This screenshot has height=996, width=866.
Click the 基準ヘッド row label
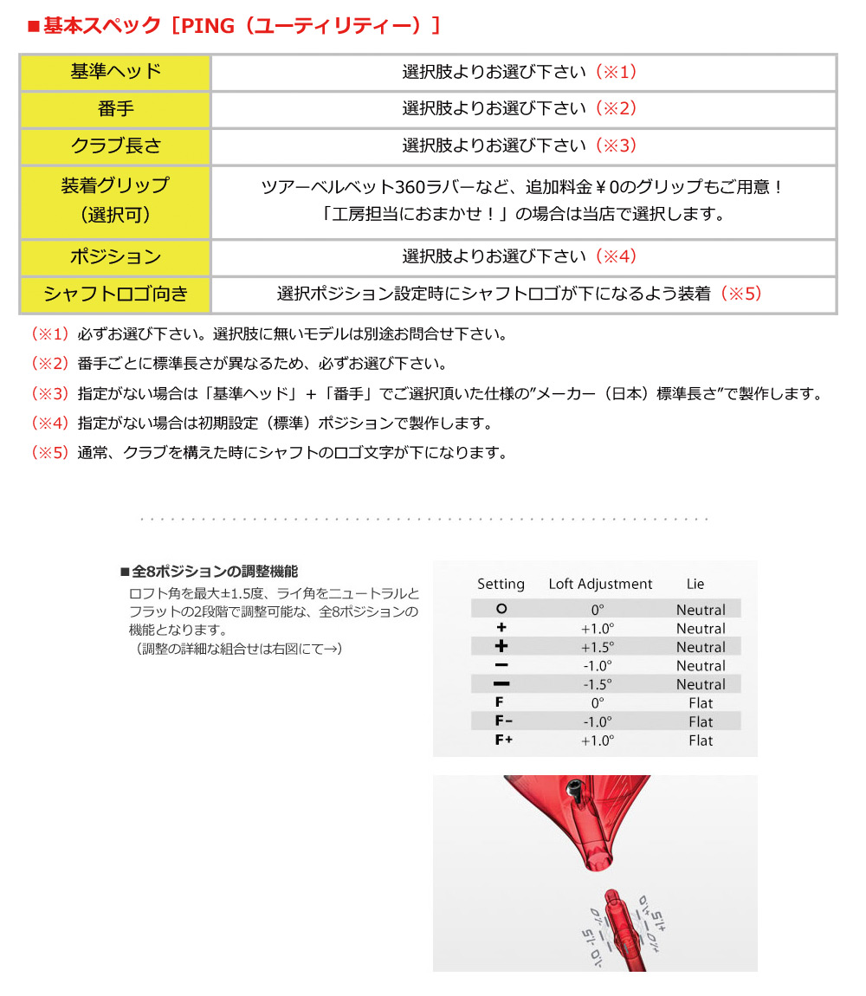116,72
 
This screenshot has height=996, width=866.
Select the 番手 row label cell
116,109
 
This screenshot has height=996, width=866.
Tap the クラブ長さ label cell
116,146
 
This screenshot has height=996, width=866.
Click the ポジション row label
116,257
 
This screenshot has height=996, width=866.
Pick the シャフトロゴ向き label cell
116,294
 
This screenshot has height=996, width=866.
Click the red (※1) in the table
615,72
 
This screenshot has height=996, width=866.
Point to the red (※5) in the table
740,294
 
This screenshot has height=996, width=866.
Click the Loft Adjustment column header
600,585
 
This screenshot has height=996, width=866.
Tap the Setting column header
501,585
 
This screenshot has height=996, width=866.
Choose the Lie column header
695,585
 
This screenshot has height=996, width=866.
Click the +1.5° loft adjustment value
597,648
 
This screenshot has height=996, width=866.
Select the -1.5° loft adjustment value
597,685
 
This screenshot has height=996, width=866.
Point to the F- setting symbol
503,722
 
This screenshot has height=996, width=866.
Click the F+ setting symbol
503,741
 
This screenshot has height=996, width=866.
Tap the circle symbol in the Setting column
501,610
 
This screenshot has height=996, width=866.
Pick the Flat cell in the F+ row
701,741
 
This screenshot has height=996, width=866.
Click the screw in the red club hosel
574,792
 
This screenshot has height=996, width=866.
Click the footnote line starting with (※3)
426,394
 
